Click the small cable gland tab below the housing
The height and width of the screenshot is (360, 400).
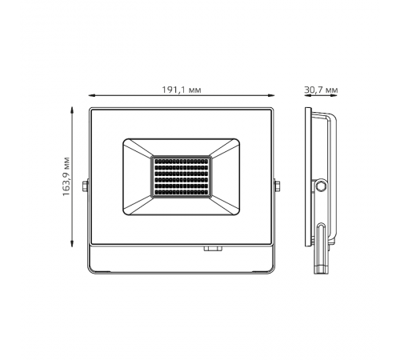[212, 248]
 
